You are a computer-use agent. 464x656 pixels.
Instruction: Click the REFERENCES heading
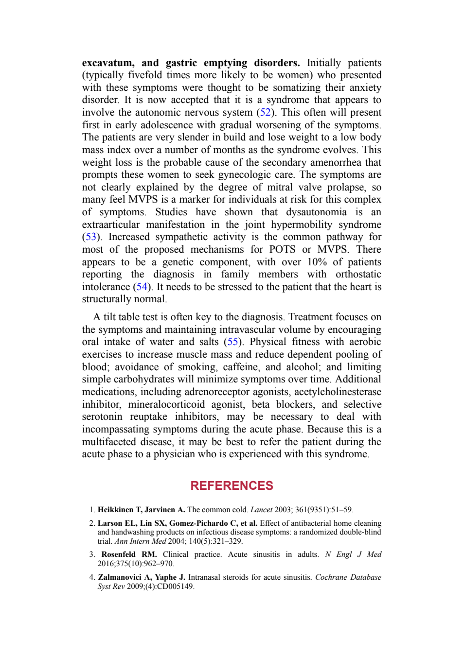(x=232, y=485)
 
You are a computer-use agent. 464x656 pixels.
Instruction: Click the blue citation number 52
(x=265, y=112)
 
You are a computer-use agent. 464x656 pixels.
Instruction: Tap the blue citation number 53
(x=90, y=237)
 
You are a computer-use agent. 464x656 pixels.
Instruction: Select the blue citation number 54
(x=142, y=286)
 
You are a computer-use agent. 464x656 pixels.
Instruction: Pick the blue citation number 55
(x=232, y=342)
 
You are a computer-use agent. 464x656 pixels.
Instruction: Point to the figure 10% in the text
(x=317, y=262)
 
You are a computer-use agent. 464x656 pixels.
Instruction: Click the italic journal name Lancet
(x=261, y=510)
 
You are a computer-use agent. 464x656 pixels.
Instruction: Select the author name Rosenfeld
(x=118, y=554)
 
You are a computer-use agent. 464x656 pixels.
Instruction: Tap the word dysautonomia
(x=316, y=212)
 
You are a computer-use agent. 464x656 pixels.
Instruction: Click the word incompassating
(x=116, y=429)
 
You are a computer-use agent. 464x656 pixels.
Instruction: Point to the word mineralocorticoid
(x=166, y=404)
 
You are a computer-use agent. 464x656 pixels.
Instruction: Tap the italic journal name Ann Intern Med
(x=141, y=541)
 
